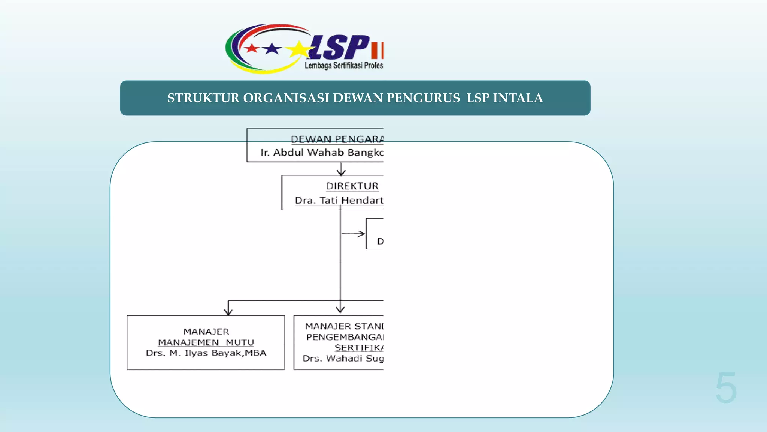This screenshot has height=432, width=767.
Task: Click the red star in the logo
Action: click(x=252, y=48)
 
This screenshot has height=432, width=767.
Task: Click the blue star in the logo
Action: click(x=272, y=48)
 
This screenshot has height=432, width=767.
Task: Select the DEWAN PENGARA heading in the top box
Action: click(x=337, y=139)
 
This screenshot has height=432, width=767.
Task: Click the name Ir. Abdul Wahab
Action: click(x=301, y=153)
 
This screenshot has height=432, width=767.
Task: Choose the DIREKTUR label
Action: click(x=352, y=186)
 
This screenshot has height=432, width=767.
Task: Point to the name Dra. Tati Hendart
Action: click(x=339, y=201)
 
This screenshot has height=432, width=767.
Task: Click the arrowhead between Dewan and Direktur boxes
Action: click(x=341, y=172)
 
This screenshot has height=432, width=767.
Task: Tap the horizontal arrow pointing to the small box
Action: click(x=354, y=234)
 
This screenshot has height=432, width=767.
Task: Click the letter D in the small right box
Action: click(x=380, y=241)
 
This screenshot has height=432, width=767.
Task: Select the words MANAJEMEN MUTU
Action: click(x=206, y=342)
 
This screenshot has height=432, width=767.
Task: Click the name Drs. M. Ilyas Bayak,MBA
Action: click(x=206, y=353)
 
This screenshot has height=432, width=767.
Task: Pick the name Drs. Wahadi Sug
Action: click(x=343, y=358)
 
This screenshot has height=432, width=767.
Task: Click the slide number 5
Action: click(x=726, y=387)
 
